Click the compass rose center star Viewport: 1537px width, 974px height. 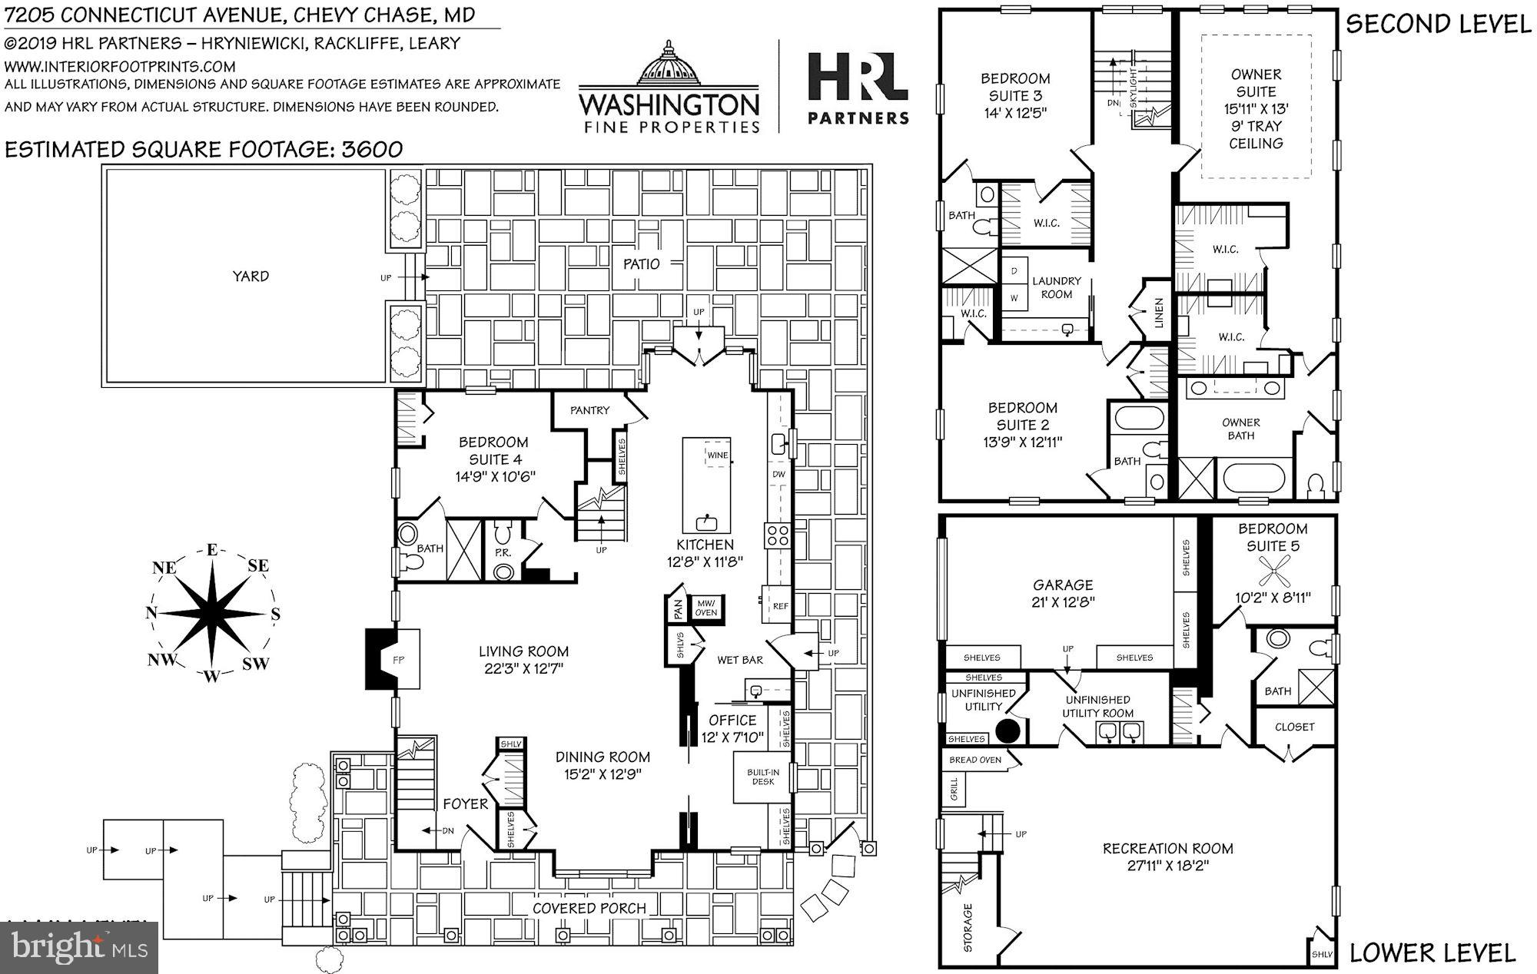[211, 615]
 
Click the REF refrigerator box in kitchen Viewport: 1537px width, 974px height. [780, 606]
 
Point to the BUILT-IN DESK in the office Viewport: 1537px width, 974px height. [762, 777]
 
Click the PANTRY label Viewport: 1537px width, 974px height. [589, 410]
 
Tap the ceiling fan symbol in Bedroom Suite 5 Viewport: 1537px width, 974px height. [1273, 574]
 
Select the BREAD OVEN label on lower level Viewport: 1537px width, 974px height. [974, 760]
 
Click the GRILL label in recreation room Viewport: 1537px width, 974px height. [954, 788]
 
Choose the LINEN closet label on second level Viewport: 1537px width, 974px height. [1159, 313]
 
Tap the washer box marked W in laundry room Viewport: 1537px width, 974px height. [1014, 297]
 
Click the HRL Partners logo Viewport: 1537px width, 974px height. [858, 87]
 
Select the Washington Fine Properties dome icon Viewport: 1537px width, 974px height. [669, 65]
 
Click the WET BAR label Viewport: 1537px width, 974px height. [739, 660]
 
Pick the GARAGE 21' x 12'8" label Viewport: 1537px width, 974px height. [1063, 593]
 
